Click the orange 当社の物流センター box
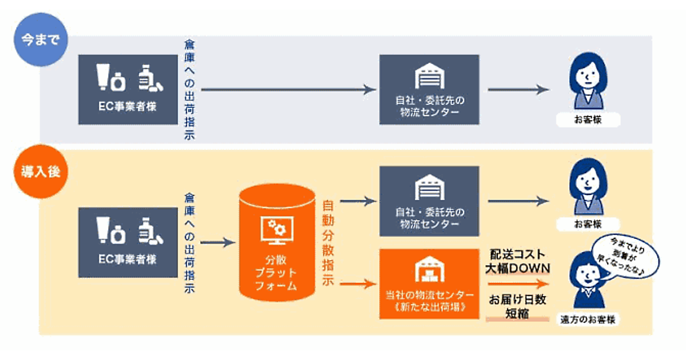pos(429,283)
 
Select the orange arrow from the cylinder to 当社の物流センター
pos(358,283)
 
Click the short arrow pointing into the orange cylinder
pos(218,242)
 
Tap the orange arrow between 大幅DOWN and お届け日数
pos(517,283)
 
